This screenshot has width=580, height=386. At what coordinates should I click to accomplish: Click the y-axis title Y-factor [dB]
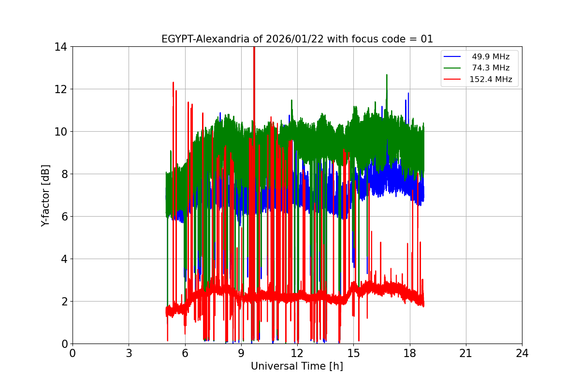coord(45,195)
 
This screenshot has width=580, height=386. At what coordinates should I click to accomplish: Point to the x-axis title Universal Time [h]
coord(297,366)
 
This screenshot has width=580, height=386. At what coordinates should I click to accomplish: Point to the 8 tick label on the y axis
coord(63,174)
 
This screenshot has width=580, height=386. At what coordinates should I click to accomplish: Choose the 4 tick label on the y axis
coord(63,259)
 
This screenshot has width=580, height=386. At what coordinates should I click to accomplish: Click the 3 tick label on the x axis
coord(129,353)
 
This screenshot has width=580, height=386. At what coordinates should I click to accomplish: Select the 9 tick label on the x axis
coord(241,353)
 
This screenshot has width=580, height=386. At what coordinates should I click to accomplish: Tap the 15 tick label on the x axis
coord(353,353)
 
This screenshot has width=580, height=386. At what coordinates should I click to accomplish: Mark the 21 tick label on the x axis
coord(465,353)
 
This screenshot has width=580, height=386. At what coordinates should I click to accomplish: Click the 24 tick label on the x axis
coord(522,353)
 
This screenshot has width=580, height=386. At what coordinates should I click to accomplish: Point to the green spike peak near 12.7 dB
coord(387,75)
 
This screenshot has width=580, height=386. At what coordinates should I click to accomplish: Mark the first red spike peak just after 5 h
coord(173,83)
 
